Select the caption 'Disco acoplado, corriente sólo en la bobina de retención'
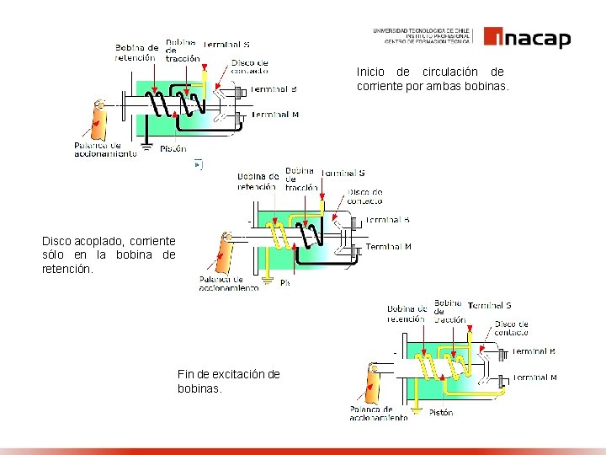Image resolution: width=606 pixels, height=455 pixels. [x=109, y=255]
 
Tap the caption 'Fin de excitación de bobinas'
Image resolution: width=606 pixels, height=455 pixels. [x=228, y=381]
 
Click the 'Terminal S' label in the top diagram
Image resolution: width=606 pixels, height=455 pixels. [x=226, y=45]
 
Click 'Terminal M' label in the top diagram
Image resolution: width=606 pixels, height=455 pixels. [x=274, y=115]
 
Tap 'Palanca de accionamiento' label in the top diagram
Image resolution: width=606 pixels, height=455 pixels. [x=104, y=149]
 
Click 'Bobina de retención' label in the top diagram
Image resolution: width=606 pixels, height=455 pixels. [x=136, y=52]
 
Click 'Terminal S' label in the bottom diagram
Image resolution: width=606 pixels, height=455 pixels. [x=490, y=305]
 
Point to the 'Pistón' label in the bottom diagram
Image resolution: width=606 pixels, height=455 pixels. [x=440, y=413]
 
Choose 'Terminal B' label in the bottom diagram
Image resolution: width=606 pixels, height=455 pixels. [x=534, y=351]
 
